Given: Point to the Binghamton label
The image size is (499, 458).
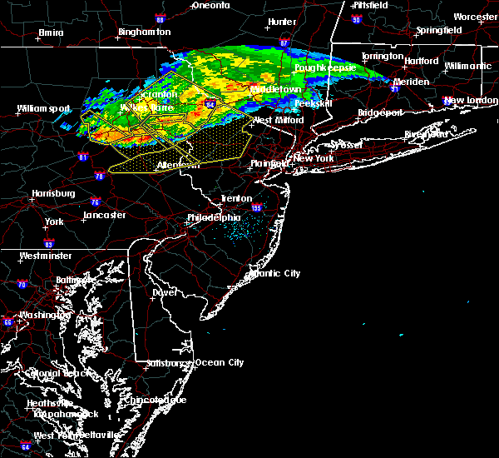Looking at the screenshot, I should (144, 32).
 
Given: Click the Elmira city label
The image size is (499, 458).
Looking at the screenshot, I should (51, 34).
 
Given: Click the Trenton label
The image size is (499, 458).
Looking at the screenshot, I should (235, 198).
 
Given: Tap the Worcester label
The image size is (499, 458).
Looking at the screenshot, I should (476, 17).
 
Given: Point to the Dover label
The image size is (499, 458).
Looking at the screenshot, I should (164, 293).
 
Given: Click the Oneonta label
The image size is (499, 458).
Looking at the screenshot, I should (210, 5).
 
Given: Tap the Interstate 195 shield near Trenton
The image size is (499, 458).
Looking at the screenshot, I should (257, 208).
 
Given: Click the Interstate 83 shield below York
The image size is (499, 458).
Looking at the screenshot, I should (49, 243).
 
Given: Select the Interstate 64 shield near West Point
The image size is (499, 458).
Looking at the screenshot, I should (26, 446).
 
